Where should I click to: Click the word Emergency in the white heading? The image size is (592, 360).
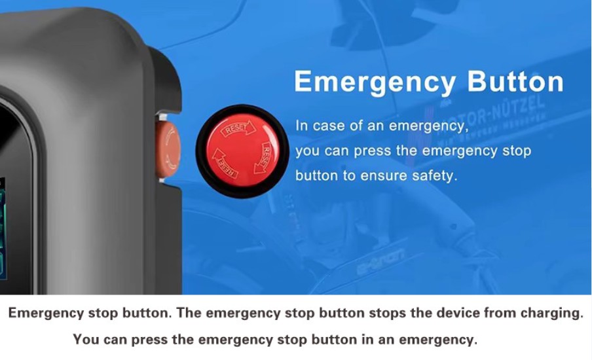[x=375, y=82]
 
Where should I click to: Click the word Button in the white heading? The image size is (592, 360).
[x=515, y=82]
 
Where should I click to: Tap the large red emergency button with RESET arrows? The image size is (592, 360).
[x=242, y=151]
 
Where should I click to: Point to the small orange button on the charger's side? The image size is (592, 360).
[x=168, y=149]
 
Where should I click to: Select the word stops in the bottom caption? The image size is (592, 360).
[x=388, y=314]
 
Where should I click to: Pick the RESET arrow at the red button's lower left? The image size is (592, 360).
[x=224, y=164]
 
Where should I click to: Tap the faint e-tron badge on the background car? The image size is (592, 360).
[x=380, y=261]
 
